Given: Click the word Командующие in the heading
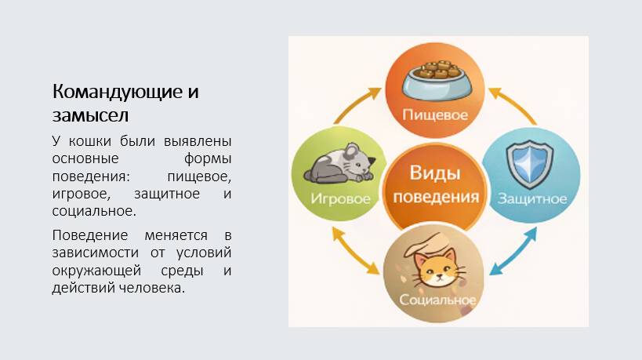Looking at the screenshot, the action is coord(118,92).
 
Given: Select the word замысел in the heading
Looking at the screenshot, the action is coord(90,115).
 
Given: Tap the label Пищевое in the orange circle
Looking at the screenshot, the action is coord(435,115).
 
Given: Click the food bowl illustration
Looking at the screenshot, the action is coord(437,80).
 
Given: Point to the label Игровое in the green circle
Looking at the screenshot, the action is coord(341,198).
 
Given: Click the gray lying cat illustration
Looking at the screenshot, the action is coord(339,163).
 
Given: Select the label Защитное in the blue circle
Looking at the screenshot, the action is coord(532,199).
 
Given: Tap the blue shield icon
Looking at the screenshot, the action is coord(530,164).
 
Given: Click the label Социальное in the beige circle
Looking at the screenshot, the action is coord(437,300).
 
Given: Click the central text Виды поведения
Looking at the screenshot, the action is coord(436,185).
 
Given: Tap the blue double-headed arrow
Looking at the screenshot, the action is coord(513,252).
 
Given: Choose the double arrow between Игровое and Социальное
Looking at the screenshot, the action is coord(355,251).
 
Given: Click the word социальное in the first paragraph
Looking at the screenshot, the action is coord(94,211).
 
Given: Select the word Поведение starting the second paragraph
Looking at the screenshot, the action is coord(90,235).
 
